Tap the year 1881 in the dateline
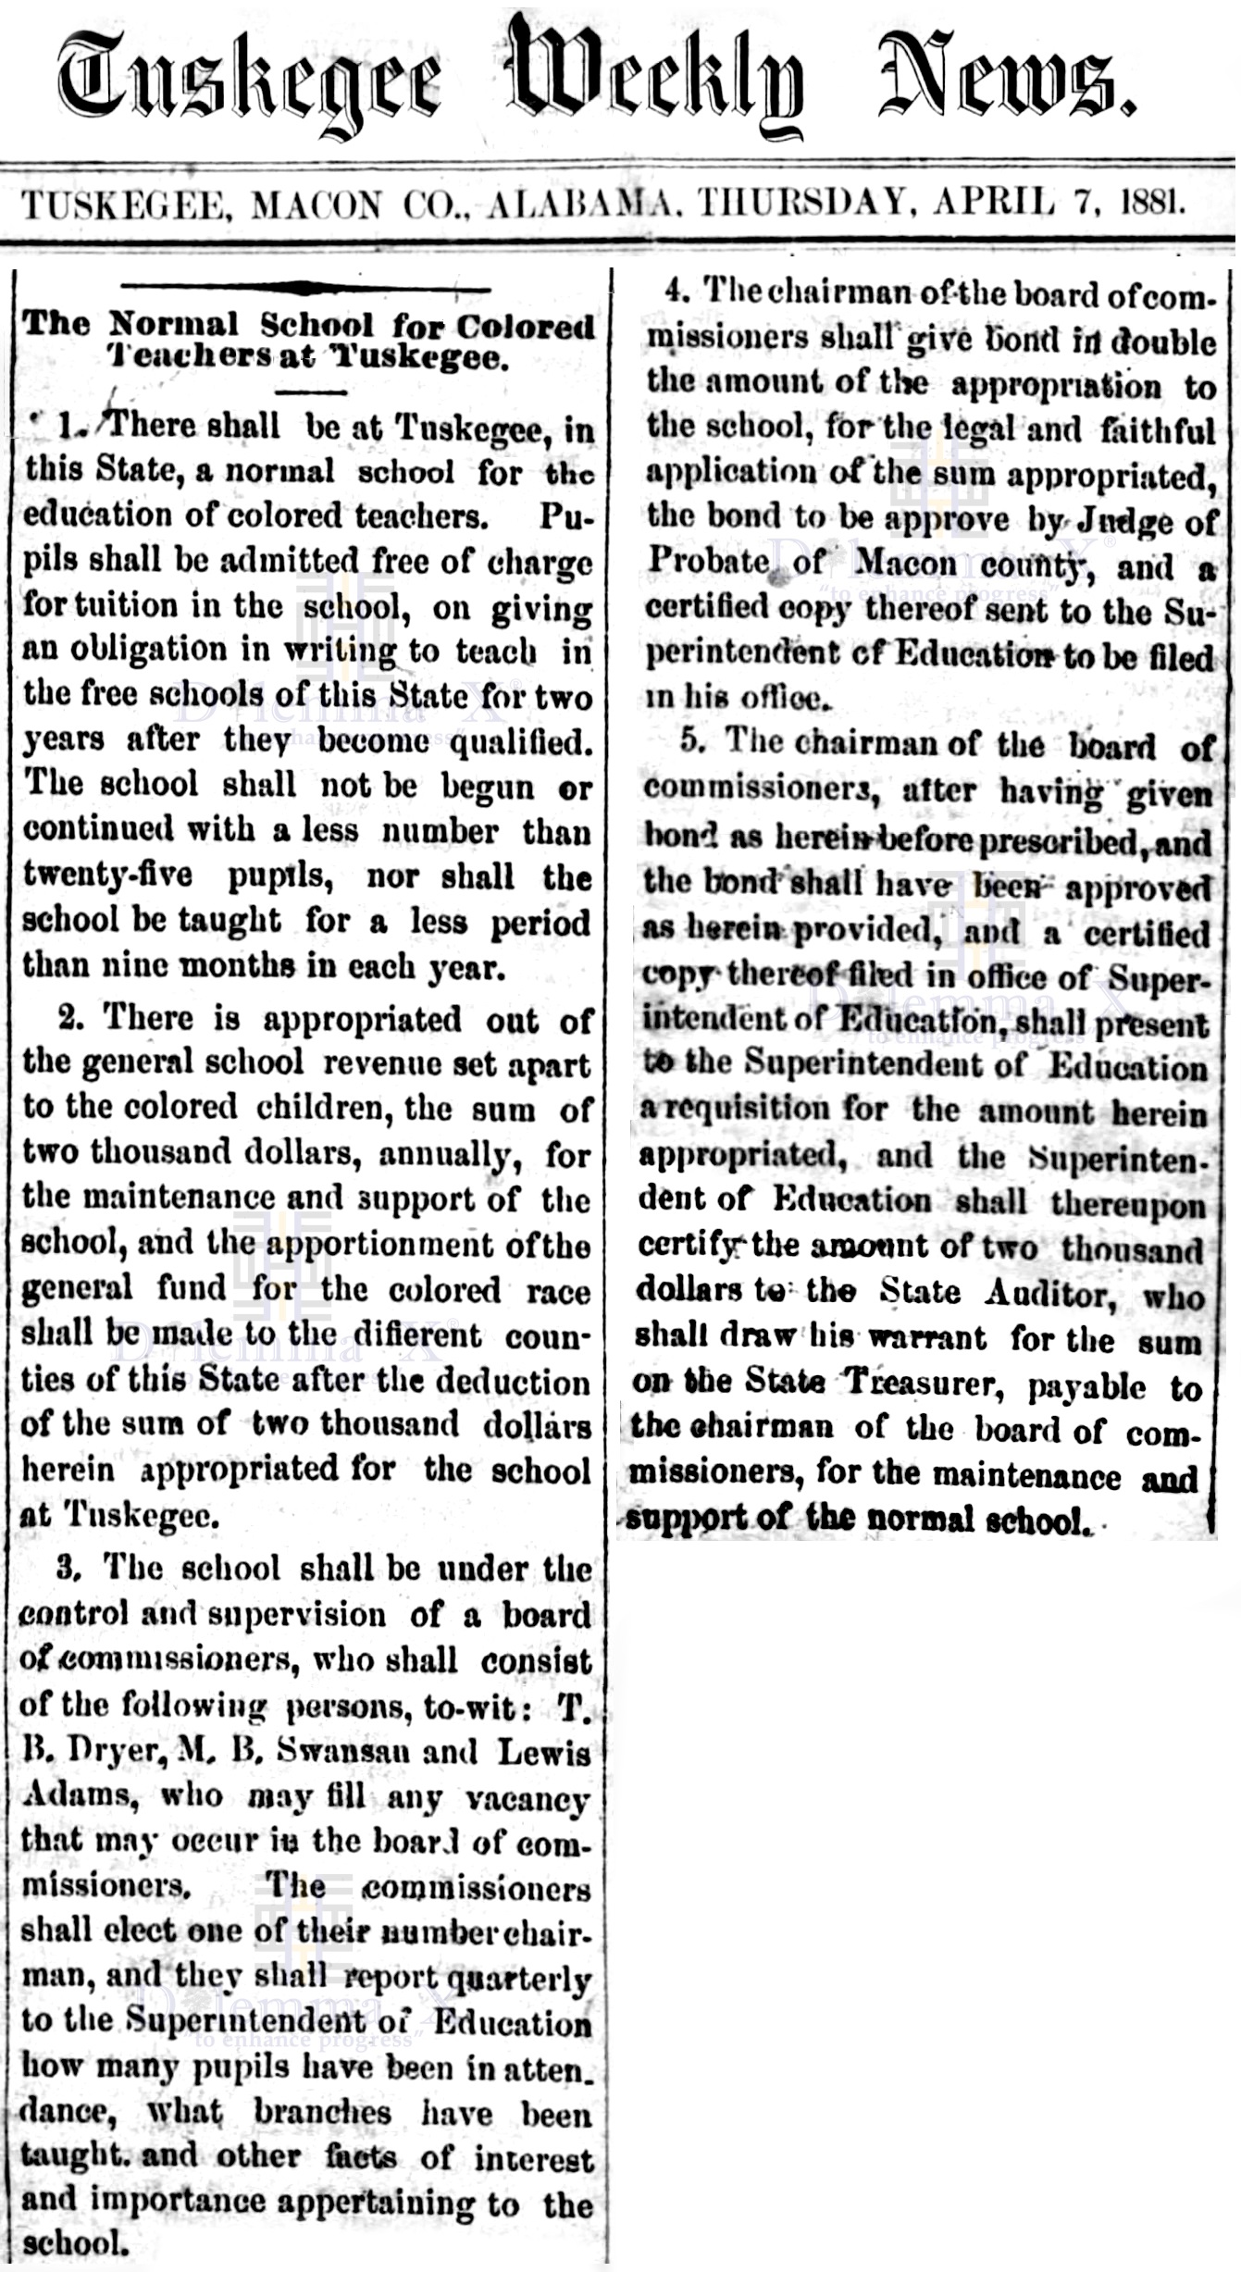click(1151, 202)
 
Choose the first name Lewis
click(544, 1751)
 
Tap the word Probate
click(707, 561)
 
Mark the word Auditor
click(1049, 1292)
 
